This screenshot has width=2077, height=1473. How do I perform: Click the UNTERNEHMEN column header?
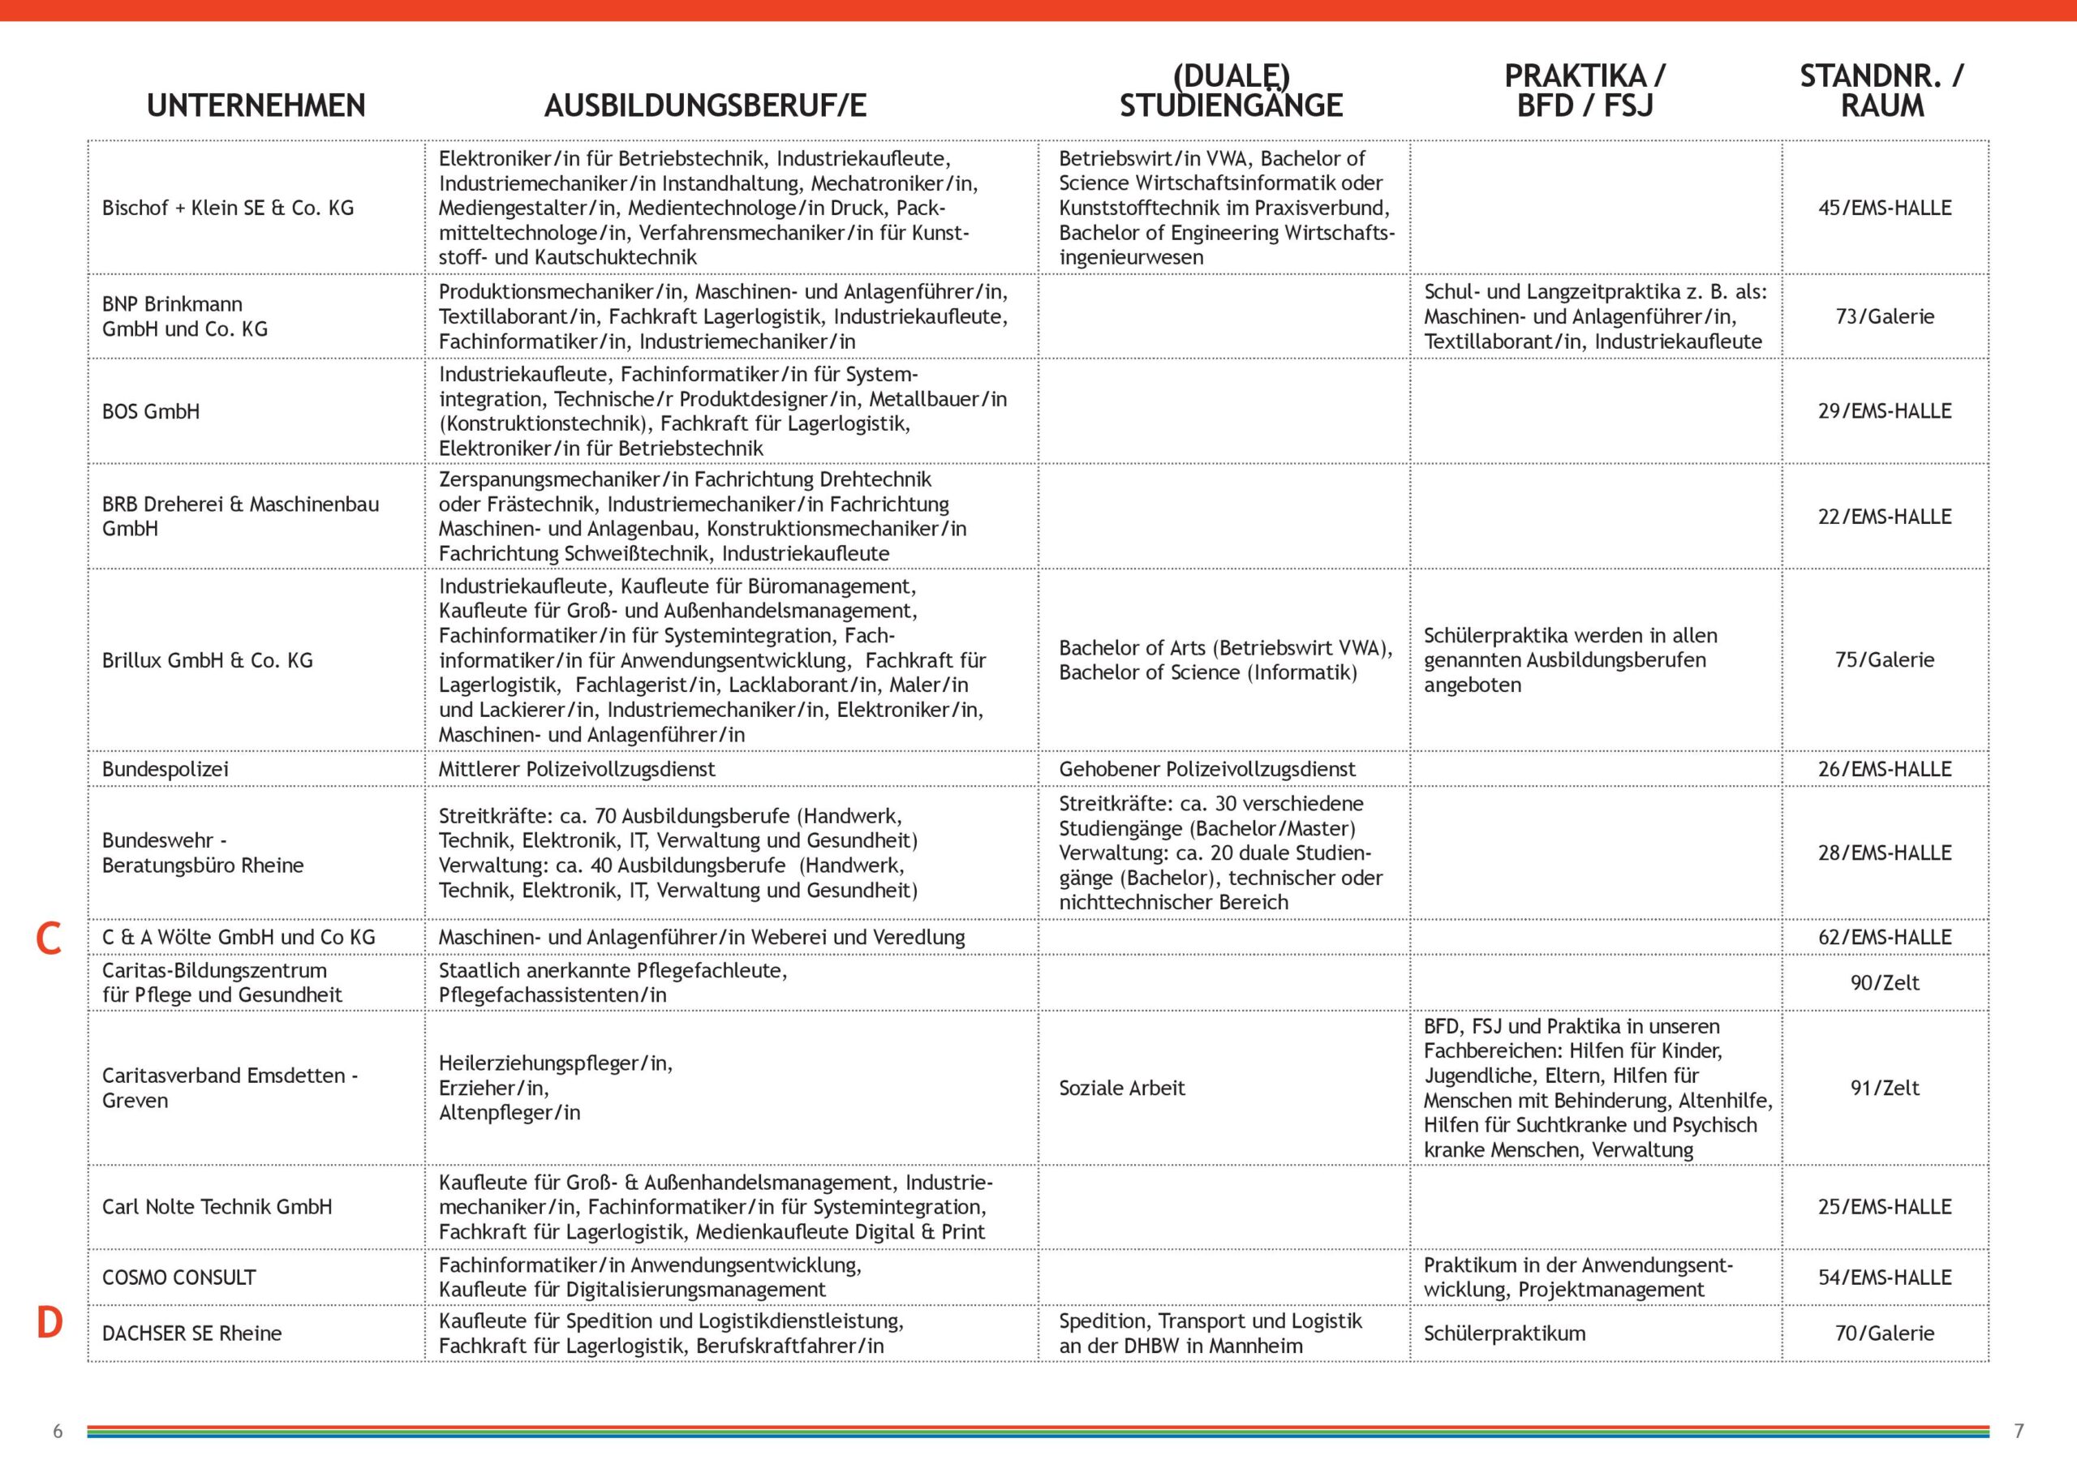(x=256, y=106)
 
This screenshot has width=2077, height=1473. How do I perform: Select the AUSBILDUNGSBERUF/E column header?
(x=705, y=106)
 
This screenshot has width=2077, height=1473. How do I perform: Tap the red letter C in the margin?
(x=48, y=938)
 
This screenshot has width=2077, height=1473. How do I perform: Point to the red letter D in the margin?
(x=49, y=1323)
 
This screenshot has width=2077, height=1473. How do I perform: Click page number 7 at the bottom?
(x=2019, y=1432)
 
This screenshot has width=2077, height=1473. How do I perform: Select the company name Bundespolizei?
(x=165, y=769)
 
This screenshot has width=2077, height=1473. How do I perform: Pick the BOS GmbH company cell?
(x=151, y=412)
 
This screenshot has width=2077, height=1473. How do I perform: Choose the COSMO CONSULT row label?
(x=178, y=1277)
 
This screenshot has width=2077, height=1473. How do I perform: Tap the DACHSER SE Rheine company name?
(x=191, y=1333)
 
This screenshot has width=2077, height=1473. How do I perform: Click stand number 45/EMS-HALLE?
(x=1885, y=208)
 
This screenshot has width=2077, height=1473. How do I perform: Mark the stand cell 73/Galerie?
(x=1885, y=316)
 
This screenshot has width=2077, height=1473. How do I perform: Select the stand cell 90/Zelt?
(x=1885, y=982)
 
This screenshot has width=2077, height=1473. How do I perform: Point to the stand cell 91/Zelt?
(x=1885, y=1088)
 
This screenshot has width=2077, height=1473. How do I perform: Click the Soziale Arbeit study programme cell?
(x=1122, y=1088)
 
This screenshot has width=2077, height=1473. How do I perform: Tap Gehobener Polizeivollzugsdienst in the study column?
(x=1207, y=769)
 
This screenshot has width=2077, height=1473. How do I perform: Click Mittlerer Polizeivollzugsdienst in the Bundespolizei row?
(x=577, y=769)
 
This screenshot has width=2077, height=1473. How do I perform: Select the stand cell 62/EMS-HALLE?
(x=1885, y=937)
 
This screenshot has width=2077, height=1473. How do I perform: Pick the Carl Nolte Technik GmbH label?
(x=217, y=1206)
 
